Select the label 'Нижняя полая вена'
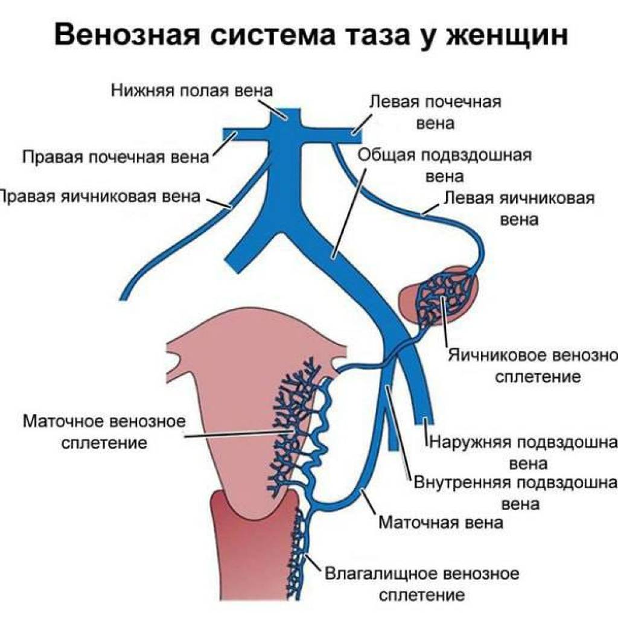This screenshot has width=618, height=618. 192,91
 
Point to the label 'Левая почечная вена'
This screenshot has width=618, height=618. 435,112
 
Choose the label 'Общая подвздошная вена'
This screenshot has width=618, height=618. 445,165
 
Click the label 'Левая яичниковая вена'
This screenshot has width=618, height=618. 519,208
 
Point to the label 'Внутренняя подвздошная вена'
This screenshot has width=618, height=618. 516,492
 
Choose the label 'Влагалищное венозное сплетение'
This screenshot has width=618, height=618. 422,582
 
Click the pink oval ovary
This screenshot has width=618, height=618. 416,299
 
